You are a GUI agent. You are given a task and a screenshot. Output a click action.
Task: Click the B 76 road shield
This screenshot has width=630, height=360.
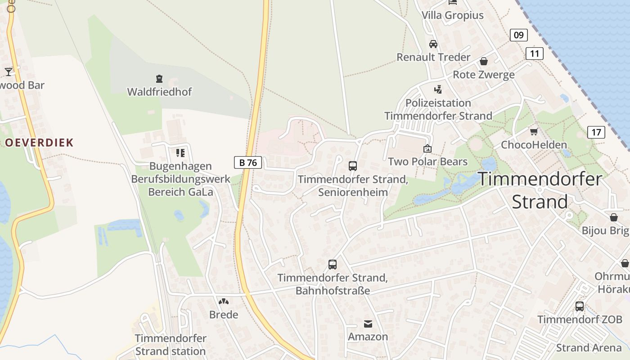pyautogui.click(x=248, y=162)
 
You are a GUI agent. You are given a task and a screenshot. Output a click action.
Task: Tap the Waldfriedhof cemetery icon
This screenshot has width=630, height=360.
pyautogui.click(x=159, y=79)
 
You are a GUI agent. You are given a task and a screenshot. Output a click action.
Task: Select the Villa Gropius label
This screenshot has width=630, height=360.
pyautogui.click(x=452, y=15)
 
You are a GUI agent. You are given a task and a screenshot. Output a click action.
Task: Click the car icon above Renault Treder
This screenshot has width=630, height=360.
pyautogui.click(x=433, y=44)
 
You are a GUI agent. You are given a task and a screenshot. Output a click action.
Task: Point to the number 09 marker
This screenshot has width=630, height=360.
pyautogui.click(x=519, y=35)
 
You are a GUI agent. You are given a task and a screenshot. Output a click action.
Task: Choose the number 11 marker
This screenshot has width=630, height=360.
pyautogui.click(x=535, y=54)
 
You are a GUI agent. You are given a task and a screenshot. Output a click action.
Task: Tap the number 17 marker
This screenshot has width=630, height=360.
pyautogui.click(x=596, y=132)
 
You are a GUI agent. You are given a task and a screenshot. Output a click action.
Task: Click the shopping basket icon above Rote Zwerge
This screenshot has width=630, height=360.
pyautogui.click(x=484, y=61)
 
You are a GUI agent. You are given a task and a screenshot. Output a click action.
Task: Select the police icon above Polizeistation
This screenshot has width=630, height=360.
pyautogui.click(x=438, y=90)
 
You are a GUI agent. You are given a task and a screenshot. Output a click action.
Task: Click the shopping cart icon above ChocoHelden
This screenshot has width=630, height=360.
pyautogui.click(x=534, y=131)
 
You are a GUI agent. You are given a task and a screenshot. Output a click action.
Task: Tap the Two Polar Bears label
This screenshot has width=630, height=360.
pyautogui.click(x=427, y=162)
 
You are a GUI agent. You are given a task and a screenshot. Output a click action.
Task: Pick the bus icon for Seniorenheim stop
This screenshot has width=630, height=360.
pyautogui.click(x=353, y=166)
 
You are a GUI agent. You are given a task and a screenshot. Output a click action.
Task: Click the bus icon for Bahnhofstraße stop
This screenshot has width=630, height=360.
pyautogui.click(x=333, y=265)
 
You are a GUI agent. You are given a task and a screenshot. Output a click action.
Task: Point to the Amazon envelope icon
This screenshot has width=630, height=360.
pyautogui.click(x=368, y=324)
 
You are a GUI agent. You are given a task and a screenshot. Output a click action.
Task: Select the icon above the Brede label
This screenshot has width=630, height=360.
pyautogui.click(x=224, y=301)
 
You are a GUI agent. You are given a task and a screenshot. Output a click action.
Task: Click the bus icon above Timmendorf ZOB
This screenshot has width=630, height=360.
pyautogui.click(x=580, y=306)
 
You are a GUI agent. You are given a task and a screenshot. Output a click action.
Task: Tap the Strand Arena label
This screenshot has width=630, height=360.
pyautogui.click(x=588, y=348)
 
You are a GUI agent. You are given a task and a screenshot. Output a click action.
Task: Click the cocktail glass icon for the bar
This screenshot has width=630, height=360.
pyautogui.click(x=9, y=72)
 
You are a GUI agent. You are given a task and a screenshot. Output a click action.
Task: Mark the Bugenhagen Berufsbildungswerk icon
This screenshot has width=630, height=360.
pyautogui.click(x=180, y=153)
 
